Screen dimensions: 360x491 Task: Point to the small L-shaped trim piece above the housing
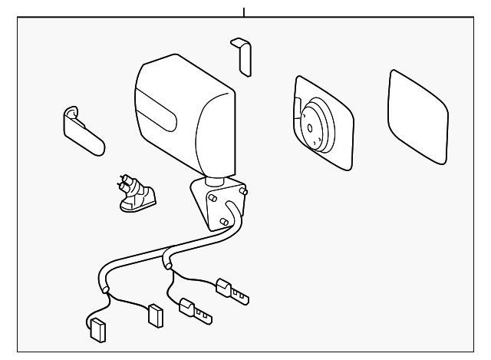242,56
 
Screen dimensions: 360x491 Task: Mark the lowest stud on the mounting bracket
222,221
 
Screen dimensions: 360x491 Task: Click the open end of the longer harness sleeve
106,289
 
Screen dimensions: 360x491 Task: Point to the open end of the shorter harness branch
167,267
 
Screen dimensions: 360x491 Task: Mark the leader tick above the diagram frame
244,12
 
